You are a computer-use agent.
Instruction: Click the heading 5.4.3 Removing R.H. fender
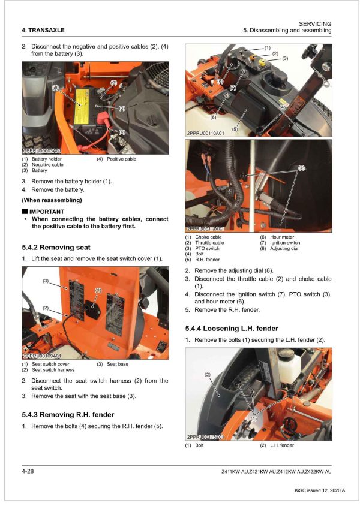[67, 414]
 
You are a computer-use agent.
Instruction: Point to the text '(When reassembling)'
[52, 200]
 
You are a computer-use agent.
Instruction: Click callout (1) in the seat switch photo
[99, 290]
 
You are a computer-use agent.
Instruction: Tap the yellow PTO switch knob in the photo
[261, 62]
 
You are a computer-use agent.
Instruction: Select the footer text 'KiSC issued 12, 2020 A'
[320, 490]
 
